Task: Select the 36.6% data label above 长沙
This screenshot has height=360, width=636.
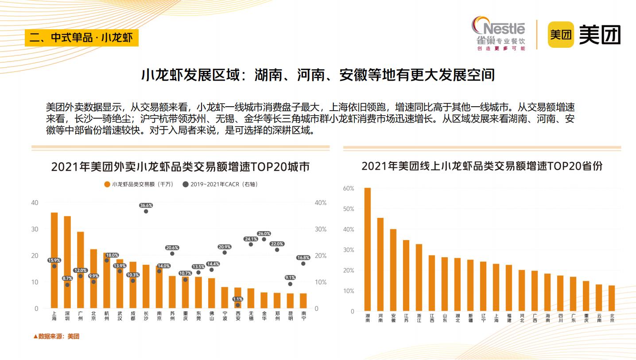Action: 146,205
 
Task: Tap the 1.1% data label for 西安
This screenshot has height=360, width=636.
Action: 237,299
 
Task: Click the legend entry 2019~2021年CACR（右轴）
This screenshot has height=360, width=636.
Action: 220,184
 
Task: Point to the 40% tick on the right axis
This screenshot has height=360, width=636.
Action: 320,203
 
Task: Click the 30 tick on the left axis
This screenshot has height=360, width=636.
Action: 35,229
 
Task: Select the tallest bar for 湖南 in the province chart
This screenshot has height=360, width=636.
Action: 368,249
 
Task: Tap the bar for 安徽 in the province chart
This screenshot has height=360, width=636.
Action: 393,270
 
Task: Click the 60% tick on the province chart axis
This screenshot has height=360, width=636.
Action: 349,188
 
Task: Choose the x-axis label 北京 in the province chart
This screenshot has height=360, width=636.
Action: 612,317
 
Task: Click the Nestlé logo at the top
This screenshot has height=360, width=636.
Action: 499,34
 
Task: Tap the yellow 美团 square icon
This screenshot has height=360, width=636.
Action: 561,34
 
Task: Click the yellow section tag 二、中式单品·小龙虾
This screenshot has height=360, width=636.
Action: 81,38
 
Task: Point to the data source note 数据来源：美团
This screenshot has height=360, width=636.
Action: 56,336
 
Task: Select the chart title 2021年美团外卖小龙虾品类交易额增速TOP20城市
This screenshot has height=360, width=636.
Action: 180,167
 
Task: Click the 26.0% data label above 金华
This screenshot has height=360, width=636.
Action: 264,233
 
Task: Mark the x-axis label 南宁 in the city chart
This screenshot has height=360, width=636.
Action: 303,315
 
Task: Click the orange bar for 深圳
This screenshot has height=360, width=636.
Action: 67,262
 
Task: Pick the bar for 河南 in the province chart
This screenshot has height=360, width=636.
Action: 380,264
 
